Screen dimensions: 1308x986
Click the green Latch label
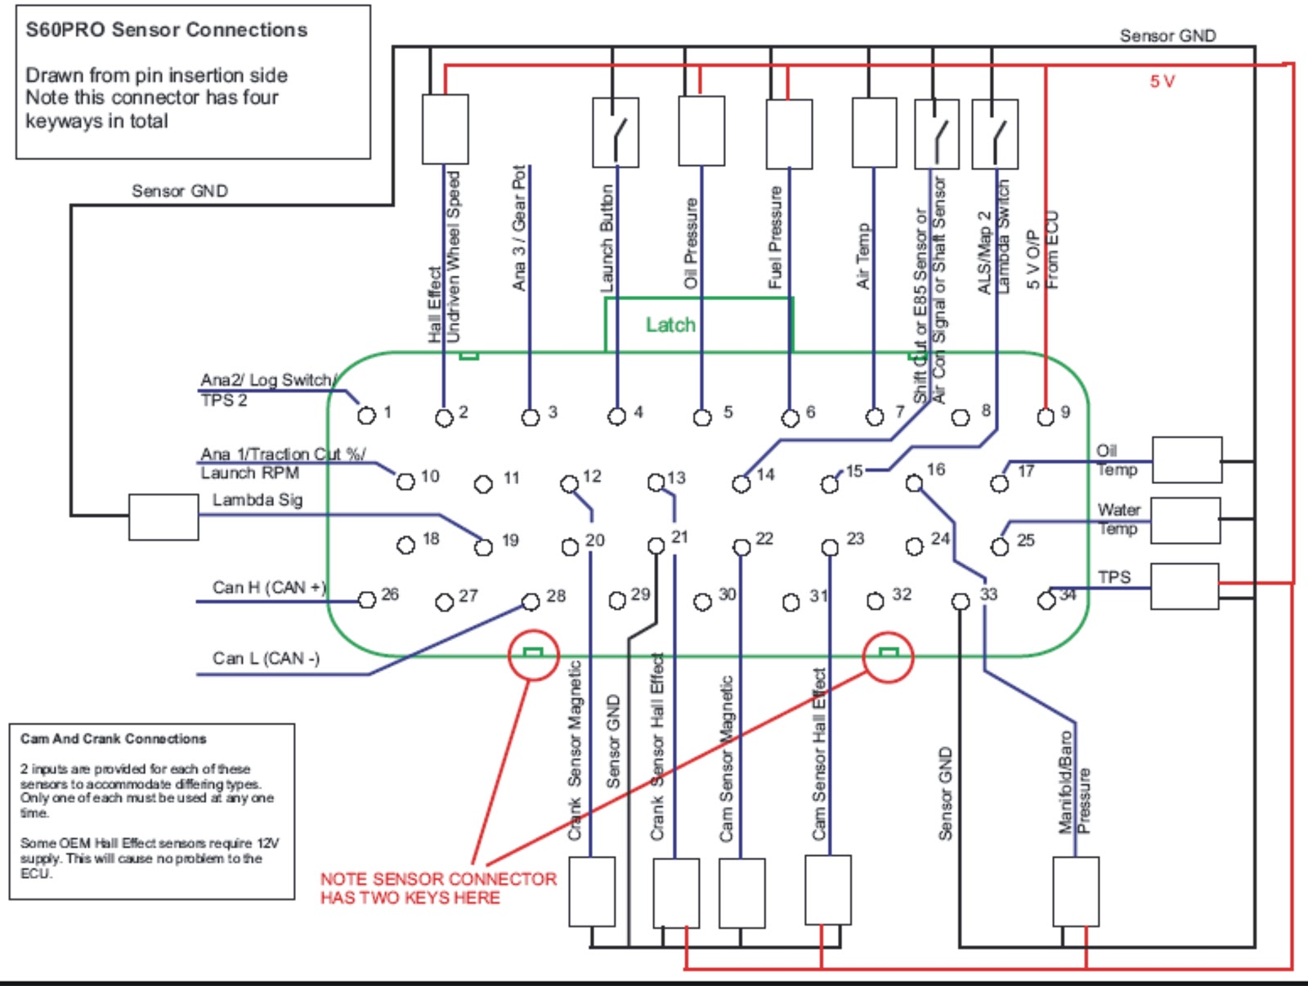670,325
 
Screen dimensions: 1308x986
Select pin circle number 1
366,415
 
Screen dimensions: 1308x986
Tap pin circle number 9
1046,416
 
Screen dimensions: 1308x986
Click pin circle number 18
405,545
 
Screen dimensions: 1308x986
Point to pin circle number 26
367,599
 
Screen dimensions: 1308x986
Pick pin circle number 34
1046,601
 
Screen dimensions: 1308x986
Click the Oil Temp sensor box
1187,460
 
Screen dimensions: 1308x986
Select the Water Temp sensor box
1185,521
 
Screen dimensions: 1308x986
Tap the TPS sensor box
1185,587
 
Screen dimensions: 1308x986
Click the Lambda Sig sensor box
163,518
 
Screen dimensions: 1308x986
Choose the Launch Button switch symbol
616,133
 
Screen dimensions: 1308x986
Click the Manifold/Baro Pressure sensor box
1076,892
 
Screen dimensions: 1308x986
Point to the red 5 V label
1162,82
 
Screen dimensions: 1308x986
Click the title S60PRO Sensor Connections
166,29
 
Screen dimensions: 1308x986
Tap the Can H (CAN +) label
269,587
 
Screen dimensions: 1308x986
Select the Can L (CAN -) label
266,658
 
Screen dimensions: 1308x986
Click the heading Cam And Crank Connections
113,739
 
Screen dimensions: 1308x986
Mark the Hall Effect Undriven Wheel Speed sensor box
446,128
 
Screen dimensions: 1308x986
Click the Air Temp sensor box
874,132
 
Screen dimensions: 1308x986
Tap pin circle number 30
702,602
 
